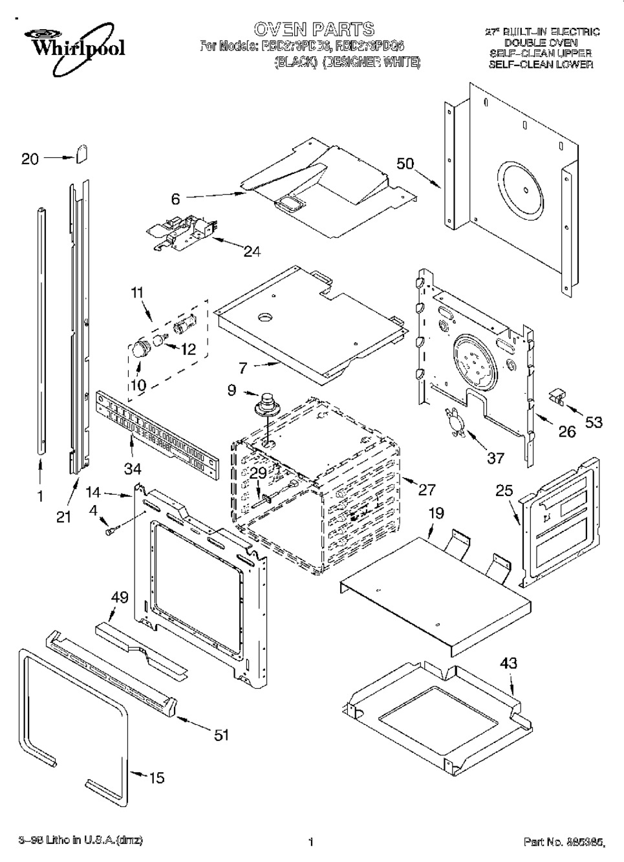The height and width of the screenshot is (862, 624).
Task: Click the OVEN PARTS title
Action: [314, 29]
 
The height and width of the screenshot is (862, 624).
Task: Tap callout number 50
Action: [405, 163]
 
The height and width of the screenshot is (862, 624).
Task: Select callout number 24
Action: [252, 252]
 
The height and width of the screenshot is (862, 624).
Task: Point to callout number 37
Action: [495, 458]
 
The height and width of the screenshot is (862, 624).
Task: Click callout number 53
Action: [594, 422]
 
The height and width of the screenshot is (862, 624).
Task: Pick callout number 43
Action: [508, 663]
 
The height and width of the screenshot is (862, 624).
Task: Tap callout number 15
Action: [156, 778]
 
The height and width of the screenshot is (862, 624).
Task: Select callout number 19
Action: [436, 514]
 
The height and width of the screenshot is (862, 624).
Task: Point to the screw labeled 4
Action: [109, 532]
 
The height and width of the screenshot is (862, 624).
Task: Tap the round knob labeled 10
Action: [137, 349]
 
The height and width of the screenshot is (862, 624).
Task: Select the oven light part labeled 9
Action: [265, 405]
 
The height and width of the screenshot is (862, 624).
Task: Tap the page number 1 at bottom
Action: [311, 842]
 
